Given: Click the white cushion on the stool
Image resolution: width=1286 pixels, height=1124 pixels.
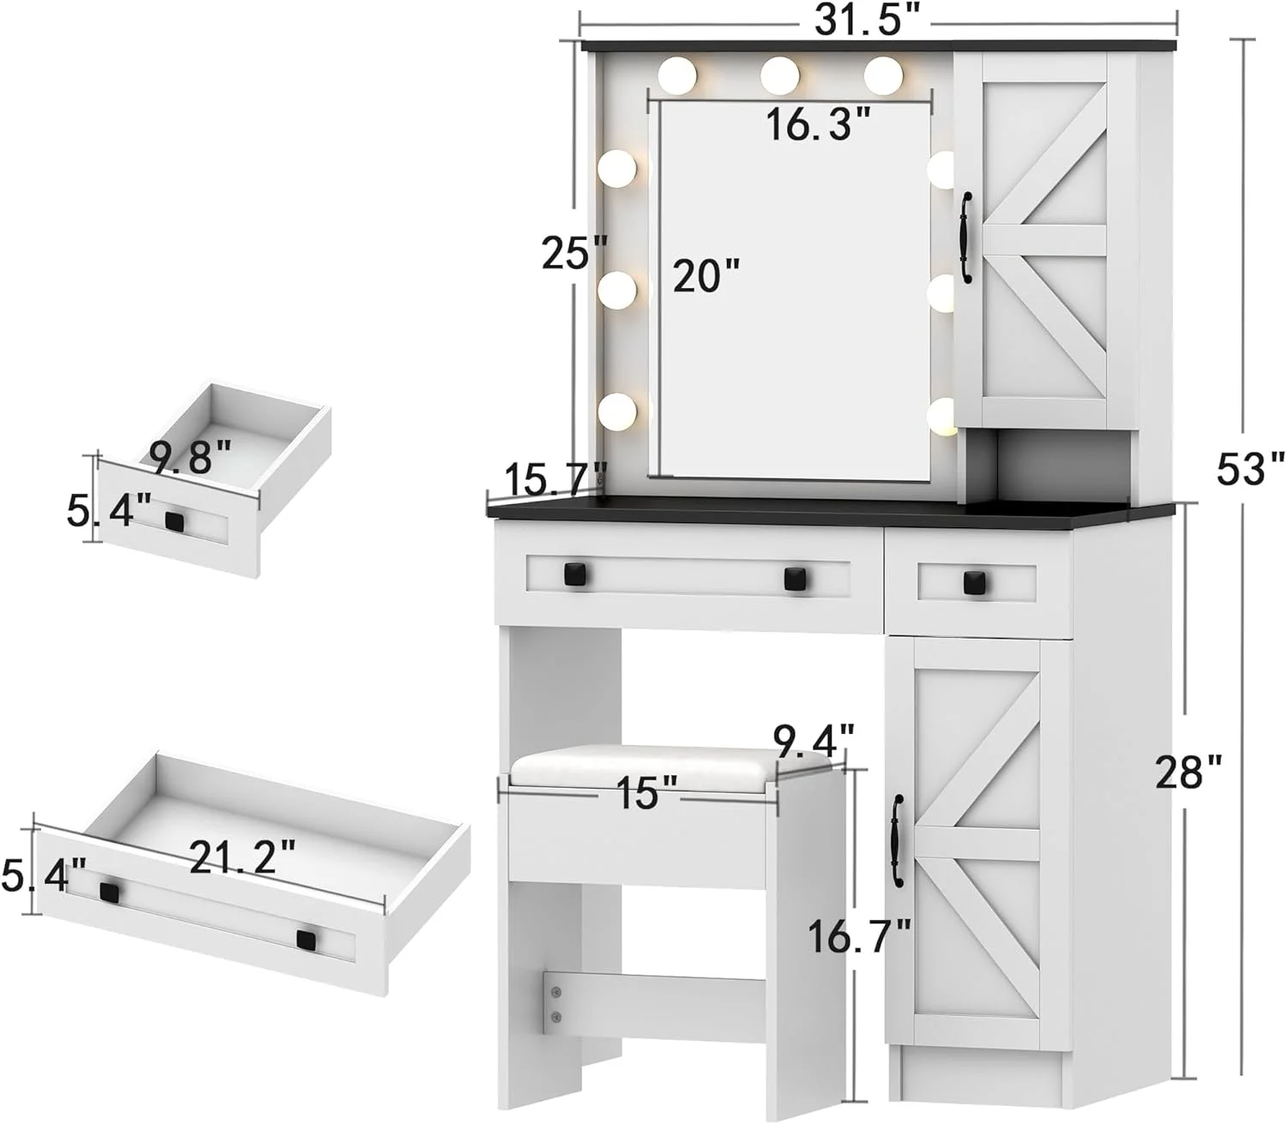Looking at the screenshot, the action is tap(673, 767).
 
